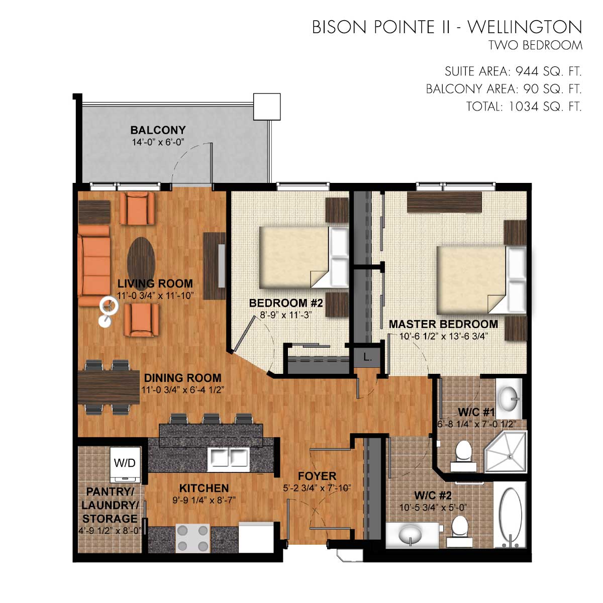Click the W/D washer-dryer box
(125, 465)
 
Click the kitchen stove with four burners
(193, 538)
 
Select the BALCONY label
(158, 130)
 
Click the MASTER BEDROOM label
(443, 324)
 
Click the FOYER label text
(317, 476)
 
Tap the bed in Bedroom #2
(304, 257)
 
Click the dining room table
(109, 388)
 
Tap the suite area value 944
(527, 72)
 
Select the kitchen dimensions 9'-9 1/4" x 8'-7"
(204, 500)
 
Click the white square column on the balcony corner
(267, 107)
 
